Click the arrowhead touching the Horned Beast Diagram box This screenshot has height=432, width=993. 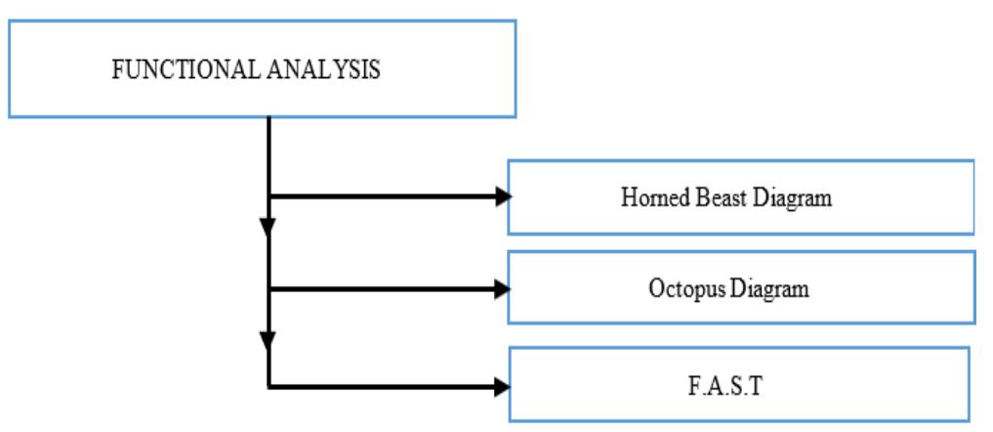[503, 196]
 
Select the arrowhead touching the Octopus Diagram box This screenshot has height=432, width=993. [503, 288]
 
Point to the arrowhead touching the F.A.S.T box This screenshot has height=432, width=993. [503, 385]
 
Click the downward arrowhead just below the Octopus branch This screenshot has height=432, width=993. [269, 341]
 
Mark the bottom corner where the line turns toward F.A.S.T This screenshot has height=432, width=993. [269, 385]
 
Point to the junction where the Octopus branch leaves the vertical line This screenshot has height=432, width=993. [269, 288]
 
